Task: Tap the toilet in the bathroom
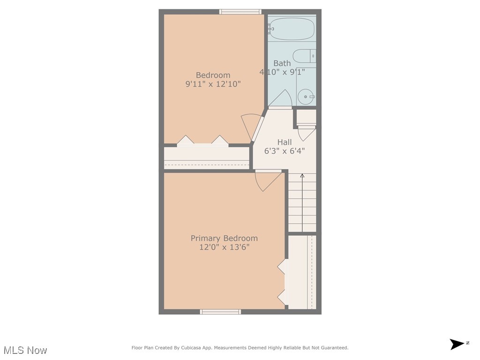(x=305, y=56)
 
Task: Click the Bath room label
(x=282, y=63)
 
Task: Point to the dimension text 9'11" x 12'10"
(x=213, y=84)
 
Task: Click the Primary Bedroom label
(x=224, y=238)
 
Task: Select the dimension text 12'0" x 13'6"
(x=224, y=247)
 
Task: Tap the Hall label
(x=285, y=142)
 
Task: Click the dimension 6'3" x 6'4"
(x=285, y=151)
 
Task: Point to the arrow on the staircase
(x=302, y=177)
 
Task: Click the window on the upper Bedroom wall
(x=240, y=12)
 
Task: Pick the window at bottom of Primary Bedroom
(x=220, y=312)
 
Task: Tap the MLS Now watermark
(x=25, y=350)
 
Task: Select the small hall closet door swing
(x=306, y=133)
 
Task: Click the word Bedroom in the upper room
(x=213, y=75)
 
